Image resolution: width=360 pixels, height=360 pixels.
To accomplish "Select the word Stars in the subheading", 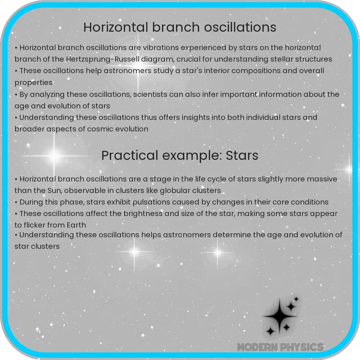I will tap(243, 156).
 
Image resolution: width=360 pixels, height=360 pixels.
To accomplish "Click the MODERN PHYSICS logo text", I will tap(280, 347).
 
